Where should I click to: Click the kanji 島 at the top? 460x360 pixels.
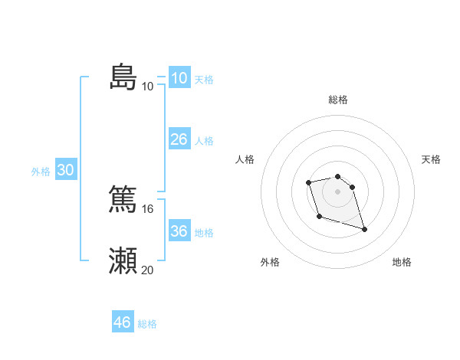click(123, 77)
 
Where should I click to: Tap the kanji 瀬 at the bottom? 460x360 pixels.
click(123, 261)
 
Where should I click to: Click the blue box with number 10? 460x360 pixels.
click(179, 77)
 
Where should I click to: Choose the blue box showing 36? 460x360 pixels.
click(179, 231)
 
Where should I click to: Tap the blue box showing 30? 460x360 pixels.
click(65, 170)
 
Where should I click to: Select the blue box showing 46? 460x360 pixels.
click(123, 322)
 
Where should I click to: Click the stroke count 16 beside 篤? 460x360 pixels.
click(147, 208)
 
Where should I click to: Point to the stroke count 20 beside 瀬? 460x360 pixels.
click(147, 270)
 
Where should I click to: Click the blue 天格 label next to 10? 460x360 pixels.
click(204, 80)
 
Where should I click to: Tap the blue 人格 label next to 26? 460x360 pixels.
click(204, 141)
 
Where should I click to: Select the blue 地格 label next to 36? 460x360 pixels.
click(204, 233)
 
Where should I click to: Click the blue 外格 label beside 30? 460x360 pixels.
click(41, 172)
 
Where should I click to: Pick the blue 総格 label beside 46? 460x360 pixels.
click(147, 324)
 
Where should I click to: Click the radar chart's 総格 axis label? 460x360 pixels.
click(338, 100)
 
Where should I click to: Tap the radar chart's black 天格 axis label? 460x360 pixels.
click(431, 159)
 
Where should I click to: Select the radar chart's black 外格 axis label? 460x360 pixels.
click(270, 262)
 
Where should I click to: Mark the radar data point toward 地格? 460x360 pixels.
click(364, 229)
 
